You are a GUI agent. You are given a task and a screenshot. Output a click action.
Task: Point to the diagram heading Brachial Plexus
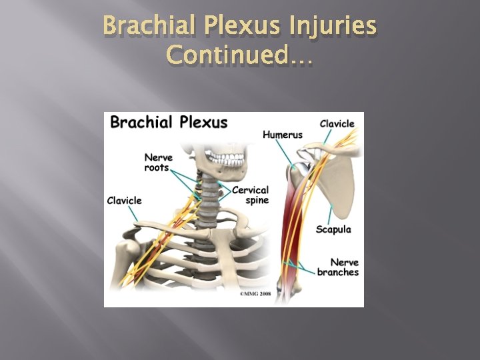click(x=169, y=123)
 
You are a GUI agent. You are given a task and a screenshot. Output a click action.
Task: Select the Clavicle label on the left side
click(x=125, y=201)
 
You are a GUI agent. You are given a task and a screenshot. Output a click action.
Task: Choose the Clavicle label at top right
click(x=337, y=123)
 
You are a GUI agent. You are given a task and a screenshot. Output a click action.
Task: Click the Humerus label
click(x=282, y=135)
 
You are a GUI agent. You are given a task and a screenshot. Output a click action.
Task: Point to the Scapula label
click(x=333, y=229)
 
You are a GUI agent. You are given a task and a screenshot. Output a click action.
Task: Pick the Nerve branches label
click(x=338, y=267)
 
